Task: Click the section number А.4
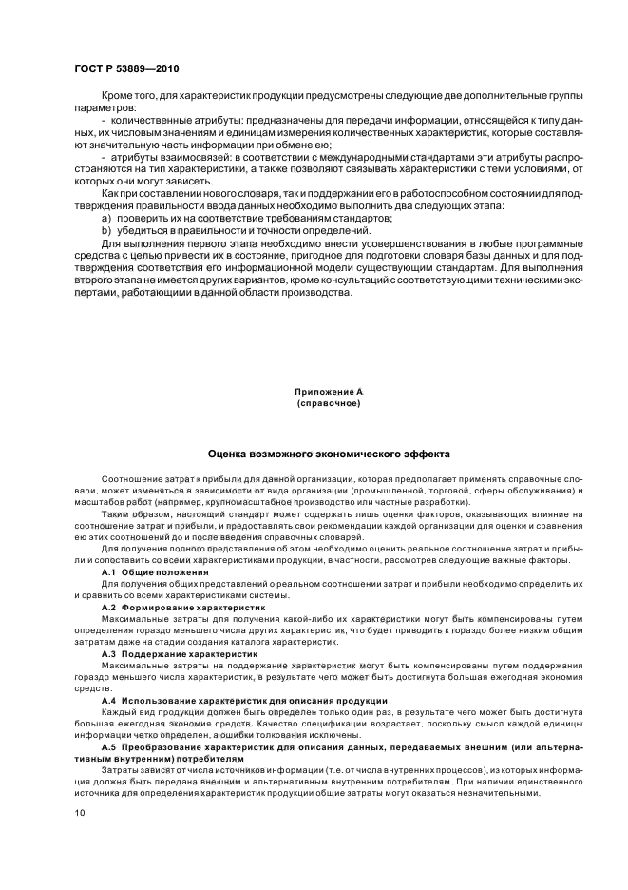pyautogui.click(x=110, y=700)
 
